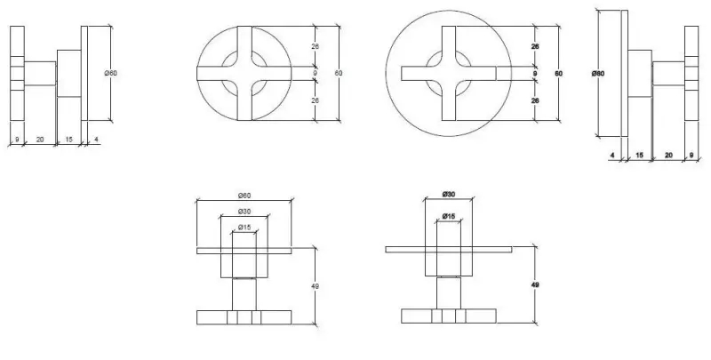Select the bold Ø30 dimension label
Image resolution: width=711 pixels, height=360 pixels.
tap(450, 195)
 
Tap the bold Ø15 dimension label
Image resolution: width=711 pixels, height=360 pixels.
tap(450, 216)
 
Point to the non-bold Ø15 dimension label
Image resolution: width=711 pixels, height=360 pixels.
tap(244, 228)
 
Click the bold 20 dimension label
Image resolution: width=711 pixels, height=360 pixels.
tap(668, 155)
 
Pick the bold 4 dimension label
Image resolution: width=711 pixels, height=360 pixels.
tap(613, 155)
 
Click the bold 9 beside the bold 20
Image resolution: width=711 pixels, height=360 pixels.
tap(692, 155)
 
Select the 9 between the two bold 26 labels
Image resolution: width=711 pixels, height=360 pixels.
tap(535, 73)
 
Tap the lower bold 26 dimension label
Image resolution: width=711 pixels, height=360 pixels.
tap(535, 101)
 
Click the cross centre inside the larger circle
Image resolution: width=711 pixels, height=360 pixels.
tap(450, 75)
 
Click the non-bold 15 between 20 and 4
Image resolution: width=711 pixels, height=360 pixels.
tap(70, 140)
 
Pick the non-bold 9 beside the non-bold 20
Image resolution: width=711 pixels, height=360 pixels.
tap(16, 140)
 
